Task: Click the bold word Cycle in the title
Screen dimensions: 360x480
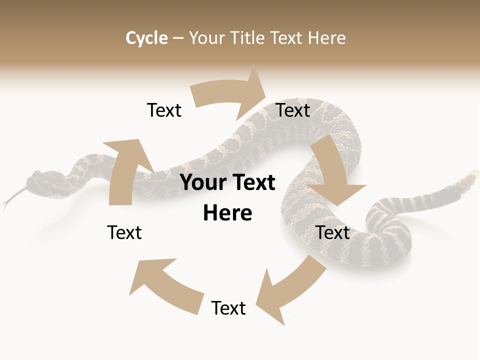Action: tap(146, 38)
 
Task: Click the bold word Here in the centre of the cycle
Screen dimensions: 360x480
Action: tap(227, 213)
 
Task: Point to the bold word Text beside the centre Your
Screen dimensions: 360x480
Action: tap(252, 183)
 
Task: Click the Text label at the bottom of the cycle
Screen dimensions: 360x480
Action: tap(228, 308)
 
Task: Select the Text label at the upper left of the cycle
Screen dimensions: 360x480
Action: tap(164, 110)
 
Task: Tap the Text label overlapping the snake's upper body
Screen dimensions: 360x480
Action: tap(293, 110)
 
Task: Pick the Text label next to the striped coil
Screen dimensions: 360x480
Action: tap(333, 232)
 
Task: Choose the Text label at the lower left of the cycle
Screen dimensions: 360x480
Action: tap(124, 232)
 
